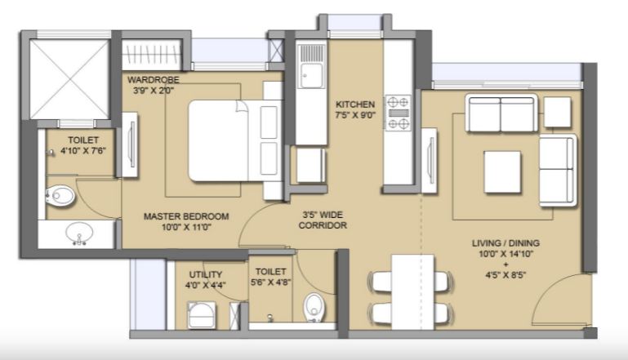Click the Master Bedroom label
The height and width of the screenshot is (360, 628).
pyautogui.click(x=186, y=216)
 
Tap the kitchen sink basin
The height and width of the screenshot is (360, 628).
pyautogui.click(x=312, y=75)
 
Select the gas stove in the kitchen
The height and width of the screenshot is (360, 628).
pyautogui.click(x=398, y=113)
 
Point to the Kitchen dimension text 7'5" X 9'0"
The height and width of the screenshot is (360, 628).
pyautogui.click(x=355, y=115)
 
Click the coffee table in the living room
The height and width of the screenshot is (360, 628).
pyautogui.click(x=502, y=171)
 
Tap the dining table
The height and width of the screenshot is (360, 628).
pyautogui.click(x=412, y=292)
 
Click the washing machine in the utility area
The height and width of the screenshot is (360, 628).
pyautogui.click(x=202, y=316)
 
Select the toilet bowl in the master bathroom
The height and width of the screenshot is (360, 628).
pyautogui.click(x=60, y=196)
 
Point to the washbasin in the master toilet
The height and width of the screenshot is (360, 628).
pyautogui.click(x=79, y=233)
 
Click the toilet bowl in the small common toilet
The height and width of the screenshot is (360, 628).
pyautogui.click(x=314, y=308)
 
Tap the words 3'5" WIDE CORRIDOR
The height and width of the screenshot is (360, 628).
pyautogui.click(x=323, y=220)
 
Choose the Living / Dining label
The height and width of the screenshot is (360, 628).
pyautogui.click(x=506, y=242)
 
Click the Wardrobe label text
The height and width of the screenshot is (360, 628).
pyautogui.click(x=154, y=80)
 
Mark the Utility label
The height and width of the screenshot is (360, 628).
pyautogui.click(x=206, y=274)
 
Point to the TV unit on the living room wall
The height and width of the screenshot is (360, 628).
pyautogui.click(x=430, y=160)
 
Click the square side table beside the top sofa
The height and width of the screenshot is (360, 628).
pyautogui.click(x=557, y=112)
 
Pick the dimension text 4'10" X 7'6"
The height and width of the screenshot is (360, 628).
pyautogui.click(x=83, y=150)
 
